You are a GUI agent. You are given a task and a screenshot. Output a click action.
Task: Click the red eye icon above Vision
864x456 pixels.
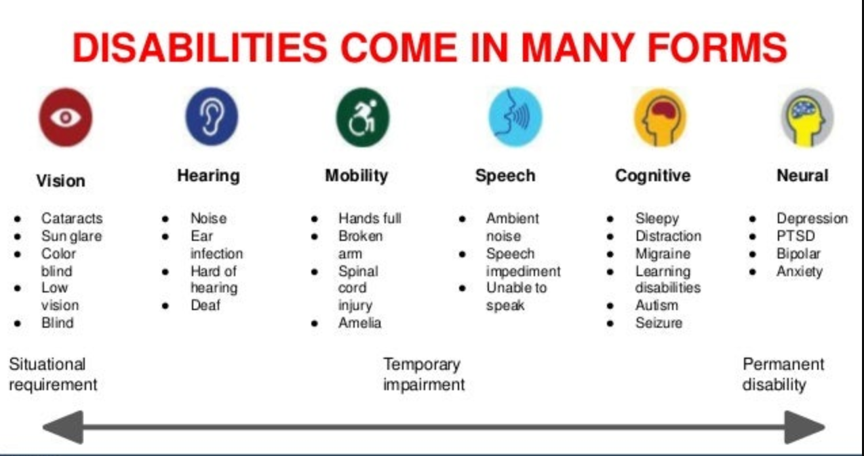point(65,117)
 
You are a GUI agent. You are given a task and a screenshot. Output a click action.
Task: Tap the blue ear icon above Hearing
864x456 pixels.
point(212,117)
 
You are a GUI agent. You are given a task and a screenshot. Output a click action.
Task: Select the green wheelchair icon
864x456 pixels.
point(363,117)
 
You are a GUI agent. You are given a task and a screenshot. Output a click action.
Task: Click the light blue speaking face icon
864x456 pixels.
point(515,116)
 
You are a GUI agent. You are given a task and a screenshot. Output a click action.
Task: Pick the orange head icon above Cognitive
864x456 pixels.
point(660,117)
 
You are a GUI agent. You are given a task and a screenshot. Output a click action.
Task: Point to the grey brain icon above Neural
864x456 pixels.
point(806,117)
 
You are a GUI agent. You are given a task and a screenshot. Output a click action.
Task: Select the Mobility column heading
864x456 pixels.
point(356,176)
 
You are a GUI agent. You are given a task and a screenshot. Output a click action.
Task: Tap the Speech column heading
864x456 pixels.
point(505,176)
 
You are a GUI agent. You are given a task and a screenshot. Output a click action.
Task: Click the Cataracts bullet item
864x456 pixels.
point(72,218)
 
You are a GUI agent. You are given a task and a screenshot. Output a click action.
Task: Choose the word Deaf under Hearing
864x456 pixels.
point(205,305)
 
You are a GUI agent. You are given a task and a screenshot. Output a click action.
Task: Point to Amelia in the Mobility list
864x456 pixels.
point(359,323)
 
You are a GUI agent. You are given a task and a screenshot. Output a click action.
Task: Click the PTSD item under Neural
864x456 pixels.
point(796,236)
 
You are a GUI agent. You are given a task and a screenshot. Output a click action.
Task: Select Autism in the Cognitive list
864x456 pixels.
point(656,305)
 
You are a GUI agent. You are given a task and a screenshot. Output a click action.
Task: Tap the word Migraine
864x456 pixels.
point(663,254)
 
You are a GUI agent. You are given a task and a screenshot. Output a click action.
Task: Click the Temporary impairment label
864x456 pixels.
point(424,375)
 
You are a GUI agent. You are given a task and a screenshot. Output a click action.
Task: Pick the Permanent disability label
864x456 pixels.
point(783,375)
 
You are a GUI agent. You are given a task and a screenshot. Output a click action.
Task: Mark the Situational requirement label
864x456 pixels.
point(53,375)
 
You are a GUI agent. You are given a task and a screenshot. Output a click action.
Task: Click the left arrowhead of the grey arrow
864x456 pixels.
point(63,427)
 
